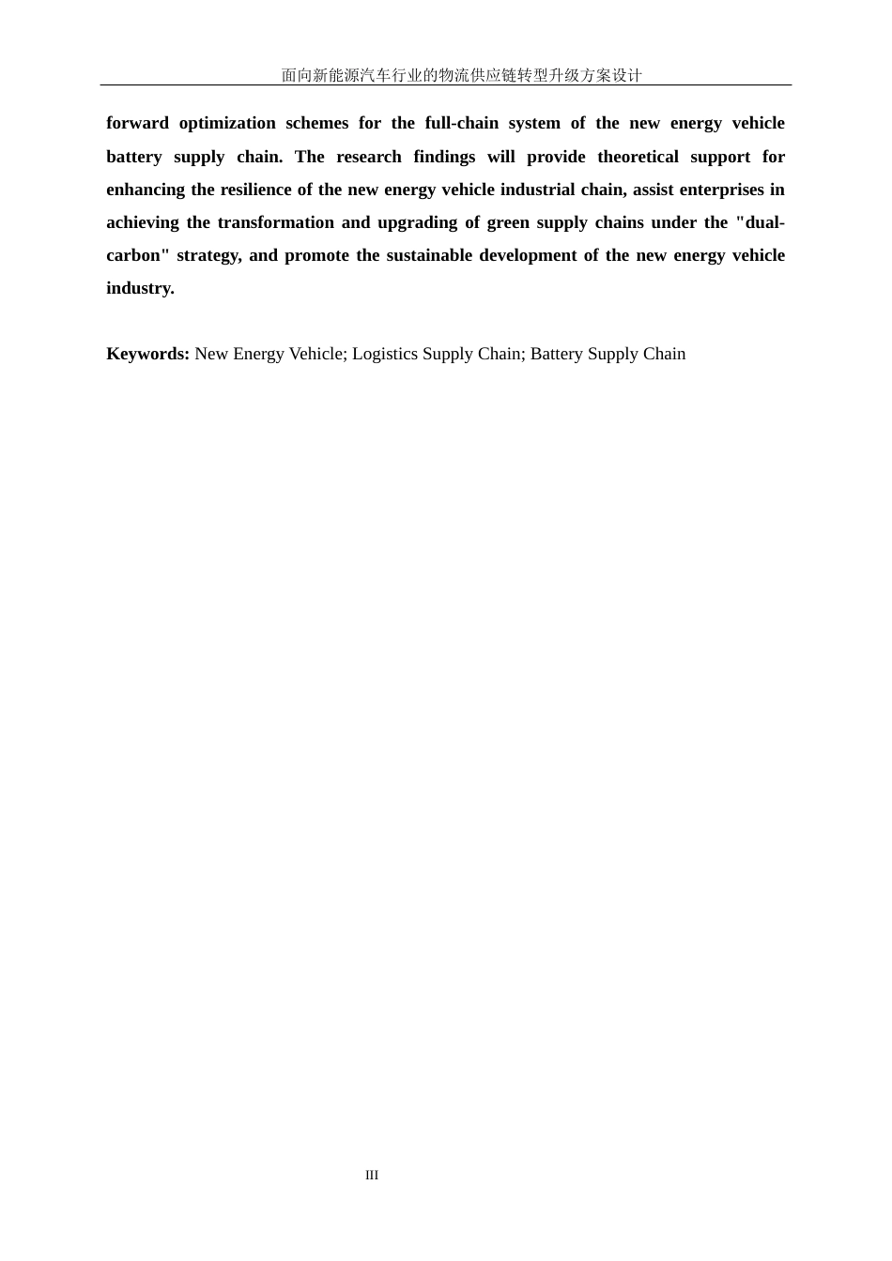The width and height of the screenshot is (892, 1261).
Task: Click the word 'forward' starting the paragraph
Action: pyautogui.click(x=137, y=123)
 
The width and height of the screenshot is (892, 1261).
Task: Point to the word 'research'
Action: pyautogui.click(x=369, y=157)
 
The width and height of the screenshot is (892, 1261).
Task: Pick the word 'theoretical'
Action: pyautogui.click(x=638, y=157)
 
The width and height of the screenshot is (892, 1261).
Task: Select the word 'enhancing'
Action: pyautogui.click(x=146, y=190)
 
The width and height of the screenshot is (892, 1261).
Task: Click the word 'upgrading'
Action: pyautogui.click(x=416, y=222)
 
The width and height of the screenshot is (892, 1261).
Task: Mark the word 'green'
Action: pyautogui.click(x=508, y=222)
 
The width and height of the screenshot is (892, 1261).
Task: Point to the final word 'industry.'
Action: pyautogui.click(x=140, y=288)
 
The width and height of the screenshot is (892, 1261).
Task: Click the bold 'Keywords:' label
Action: pyautogui.click(x=147, y=354)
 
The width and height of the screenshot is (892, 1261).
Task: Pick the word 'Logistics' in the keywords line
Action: pyautogui.click(x=385, y=354)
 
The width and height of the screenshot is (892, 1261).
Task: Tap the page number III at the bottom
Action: pyautogui.click(x=372, y=1175)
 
